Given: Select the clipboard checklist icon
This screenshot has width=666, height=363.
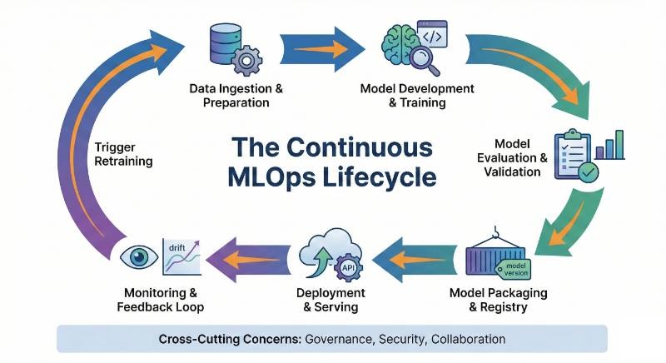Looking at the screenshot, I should (x=572, y=154).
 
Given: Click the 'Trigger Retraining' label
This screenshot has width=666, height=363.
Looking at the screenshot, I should (x=122, y=155).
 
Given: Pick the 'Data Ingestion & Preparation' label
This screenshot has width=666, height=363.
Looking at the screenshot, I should (x=236, y=96).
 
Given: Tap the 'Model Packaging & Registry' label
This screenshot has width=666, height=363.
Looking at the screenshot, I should (x=499, y=300).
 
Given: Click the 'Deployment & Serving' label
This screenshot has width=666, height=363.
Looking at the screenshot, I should (x=331, y=300).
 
